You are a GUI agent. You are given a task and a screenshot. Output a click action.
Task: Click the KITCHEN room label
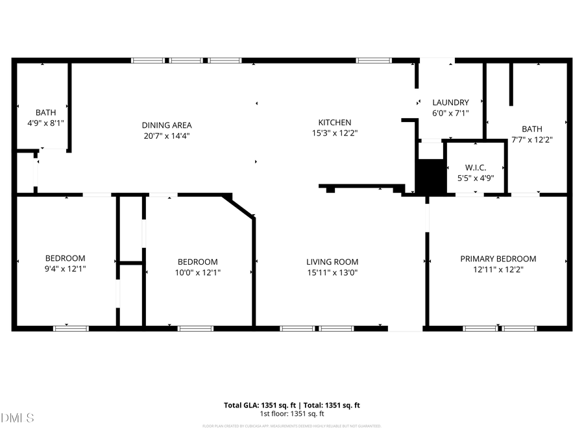point(334,123)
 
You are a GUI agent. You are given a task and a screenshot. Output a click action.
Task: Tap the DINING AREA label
point(167,125)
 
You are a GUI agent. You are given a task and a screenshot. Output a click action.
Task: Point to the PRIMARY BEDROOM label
point(498,259)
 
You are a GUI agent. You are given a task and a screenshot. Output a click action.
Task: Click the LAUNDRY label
point(450,103)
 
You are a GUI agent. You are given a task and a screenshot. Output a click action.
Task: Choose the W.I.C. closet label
point(476,167)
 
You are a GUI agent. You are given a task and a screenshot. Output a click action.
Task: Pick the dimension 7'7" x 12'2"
point(531,140)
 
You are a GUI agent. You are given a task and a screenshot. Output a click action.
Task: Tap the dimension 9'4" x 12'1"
point(65,268)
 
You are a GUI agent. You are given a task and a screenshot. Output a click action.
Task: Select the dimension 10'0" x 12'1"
point(199,273)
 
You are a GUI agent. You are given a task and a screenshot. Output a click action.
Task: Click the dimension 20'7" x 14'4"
point(167,136)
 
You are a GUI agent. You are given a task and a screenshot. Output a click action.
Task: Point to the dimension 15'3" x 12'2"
point(334,133)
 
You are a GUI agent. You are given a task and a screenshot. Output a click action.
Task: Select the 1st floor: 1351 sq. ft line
point(291,414)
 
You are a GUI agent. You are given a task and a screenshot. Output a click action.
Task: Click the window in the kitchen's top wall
point(374,60)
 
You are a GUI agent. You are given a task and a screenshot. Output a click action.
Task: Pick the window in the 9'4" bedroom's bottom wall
point(71,328)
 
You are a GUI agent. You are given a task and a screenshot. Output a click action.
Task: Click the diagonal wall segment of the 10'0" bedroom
point(239,206)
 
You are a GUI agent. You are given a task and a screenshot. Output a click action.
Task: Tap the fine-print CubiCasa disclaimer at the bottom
point(291,426)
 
